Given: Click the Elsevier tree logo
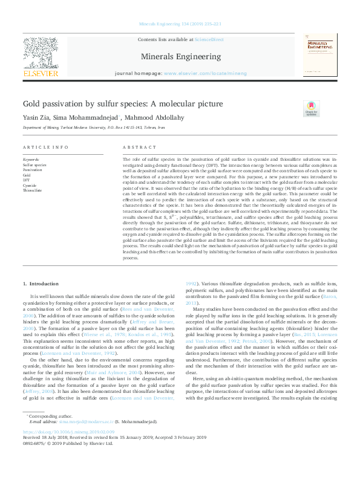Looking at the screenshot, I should point(40,54).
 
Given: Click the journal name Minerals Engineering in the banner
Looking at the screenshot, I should point(180,56).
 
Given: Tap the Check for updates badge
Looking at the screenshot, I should point(310,108).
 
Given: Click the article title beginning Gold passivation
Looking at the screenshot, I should point(123,104).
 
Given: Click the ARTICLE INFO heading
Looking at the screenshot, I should point(45,148).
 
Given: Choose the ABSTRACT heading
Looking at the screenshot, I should point(140,148).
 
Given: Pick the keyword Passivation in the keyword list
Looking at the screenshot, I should point(33,170).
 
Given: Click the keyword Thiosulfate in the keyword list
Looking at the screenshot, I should point(33,190).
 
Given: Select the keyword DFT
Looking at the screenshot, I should point(26,180).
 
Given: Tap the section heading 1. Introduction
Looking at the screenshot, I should point(41,284).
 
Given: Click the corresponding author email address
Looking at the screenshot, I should point(81,421).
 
